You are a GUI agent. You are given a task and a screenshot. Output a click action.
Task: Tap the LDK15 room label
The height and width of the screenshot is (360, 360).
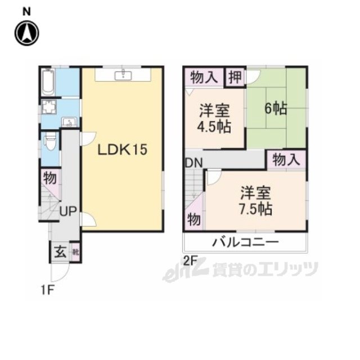pyautogui.click(x=122, y=150)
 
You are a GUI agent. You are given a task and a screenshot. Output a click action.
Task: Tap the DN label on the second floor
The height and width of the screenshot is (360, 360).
pyautogui.click(x=195, y=163)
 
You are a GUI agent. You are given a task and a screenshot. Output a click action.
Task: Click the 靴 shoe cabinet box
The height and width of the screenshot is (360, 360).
pyautogui.click(x=76, y=251)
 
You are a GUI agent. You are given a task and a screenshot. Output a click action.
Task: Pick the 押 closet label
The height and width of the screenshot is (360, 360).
pyautogui.click(x=235, y=77)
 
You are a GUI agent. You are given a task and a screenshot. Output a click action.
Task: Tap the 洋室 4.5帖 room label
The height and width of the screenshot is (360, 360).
pyautogui.click(x=214, y=118)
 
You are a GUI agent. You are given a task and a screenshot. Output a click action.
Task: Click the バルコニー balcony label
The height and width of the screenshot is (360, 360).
pyautogui.click(x=245, y=243)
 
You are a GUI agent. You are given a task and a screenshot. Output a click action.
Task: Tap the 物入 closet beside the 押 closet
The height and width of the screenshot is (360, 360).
pyautogui.click(x=204, y=78)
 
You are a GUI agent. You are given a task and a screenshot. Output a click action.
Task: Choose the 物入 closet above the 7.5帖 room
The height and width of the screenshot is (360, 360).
pyautogui.click(x=286, y=160)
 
